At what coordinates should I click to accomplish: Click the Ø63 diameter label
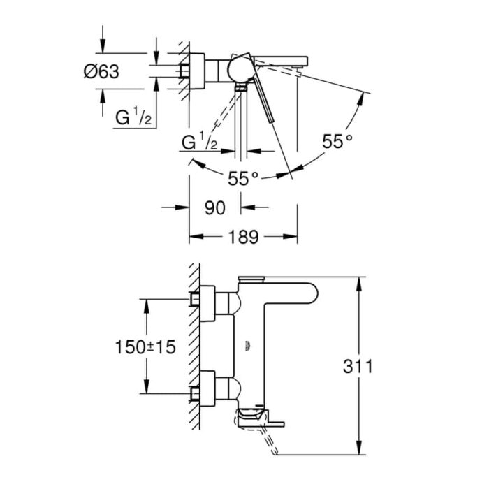[x=101, y=72]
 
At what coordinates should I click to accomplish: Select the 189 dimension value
[x=244, y=237]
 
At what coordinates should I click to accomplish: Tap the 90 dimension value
[x=215, y=208]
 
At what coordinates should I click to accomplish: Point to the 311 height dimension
[x=358, y=366]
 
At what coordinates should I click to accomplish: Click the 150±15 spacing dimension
[x=145, y=346]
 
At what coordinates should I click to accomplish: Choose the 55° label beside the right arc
[x=337, y=141]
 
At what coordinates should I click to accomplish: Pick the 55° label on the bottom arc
[x=243, y=178]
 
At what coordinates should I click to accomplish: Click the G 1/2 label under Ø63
[x=133, y=116]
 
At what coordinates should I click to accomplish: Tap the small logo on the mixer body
[x=248, y=346]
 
